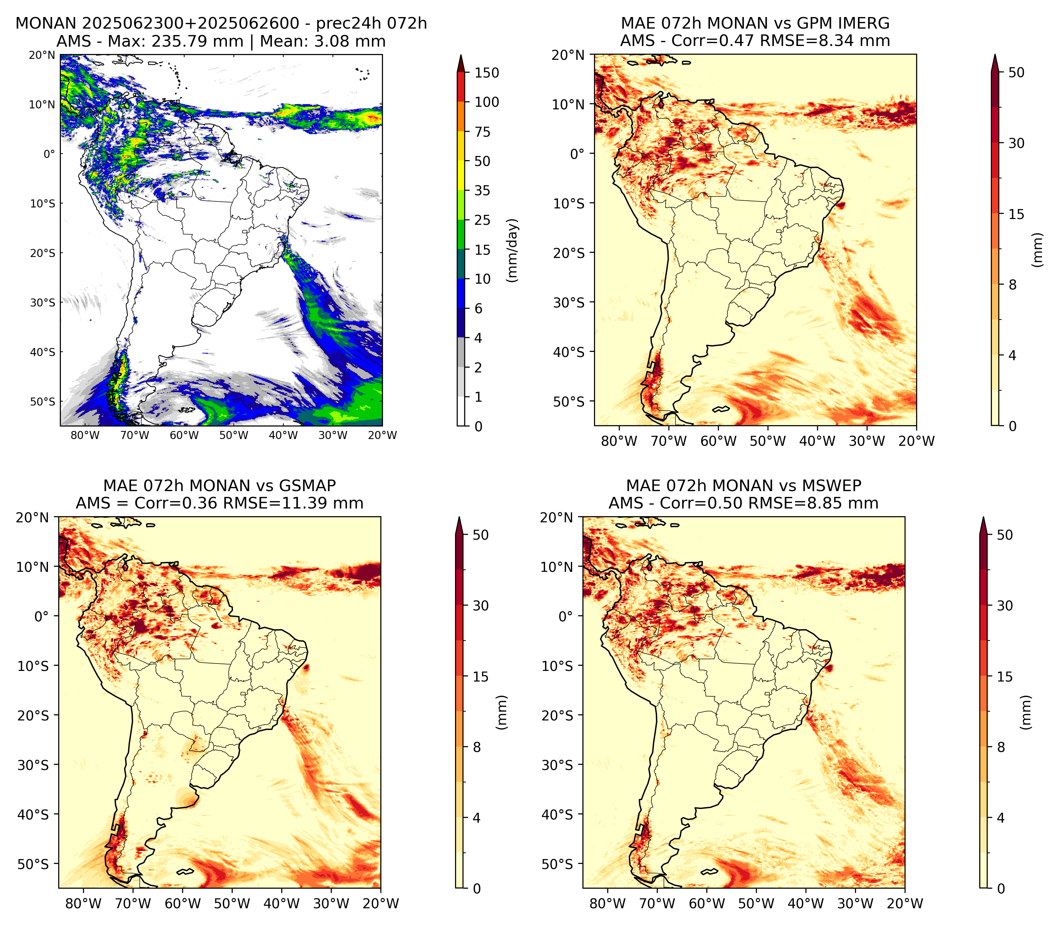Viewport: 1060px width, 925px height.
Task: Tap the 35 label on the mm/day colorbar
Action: tap(482, 190)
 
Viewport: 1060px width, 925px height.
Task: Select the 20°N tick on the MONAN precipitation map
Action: tap(42, 55)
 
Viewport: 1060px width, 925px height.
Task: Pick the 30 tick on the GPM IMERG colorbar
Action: tap(1016, 143)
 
